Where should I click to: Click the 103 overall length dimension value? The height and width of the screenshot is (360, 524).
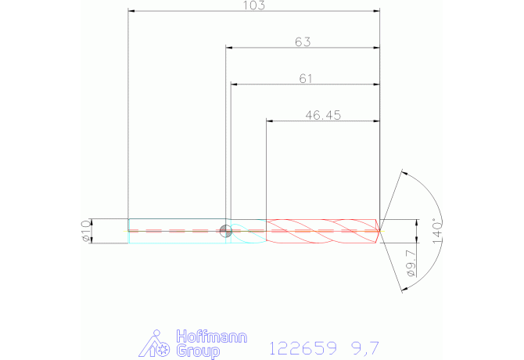click(x=253, y=5)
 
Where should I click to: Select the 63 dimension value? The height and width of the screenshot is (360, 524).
click(x=303, y=42)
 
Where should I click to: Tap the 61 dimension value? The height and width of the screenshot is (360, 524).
click(x=306, y=79)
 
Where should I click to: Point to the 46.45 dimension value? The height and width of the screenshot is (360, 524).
click(x=323, y=115)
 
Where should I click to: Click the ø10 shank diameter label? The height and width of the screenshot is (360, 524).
click(x=86, y=231)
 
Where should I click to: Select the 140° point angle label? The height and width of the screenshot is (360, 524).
click(x=437, y=231)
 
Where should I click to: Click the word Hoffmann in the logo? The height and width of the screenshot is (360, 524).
click(x=211, y=337)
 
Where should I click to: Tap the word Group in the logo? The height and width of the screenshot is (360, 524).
click(x=198, y=351)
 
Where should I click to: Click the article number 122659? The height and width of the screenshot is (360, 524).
click(x=303, y=348)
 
